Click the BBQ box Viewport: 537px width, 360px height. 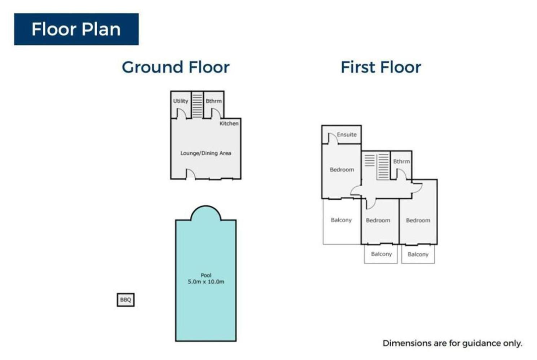coord(126,300)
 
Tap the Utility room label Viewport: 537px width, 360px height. coord(181,101)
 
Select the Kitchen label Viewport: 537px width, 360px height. coord(229,123)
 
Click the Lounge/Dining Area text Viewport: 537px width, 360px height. coord(206,153)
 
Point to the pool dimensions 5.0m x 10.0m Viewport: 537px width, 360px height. coord(206,282)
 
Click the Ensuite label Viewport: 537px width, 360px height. coord(347,135)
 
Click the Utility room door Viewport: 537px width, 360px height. coord(181,113)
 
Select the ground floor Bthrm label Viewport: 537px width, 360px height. coord(214,101)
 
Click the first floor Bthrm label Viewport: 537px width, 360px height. coord(401,162)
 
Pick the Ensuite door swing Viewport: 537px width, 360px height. coord(333,138)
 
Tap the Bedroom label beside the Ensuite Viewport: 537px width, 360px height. coord(342,170)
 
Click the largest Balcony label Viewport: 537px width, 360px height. coord(341,220)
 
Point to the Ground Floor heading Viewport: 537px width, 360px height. coord(176,67)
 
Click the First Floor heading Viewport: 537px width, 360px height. coord(381,67)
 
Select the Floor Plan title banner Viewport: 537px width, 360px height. coord(76,29)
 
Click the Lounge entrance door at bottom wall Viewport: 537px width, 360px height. coord(191,174)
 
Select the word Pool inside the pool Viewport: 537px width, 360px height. coord(206,275)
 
